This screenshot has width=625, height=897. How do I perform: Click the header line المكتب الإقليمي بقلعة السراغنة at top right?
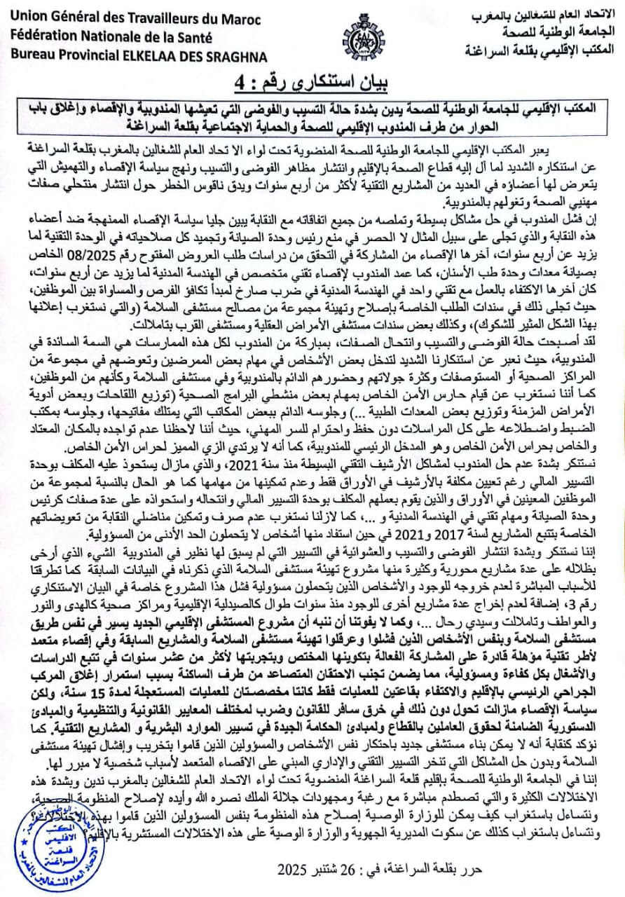[540, 50]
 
